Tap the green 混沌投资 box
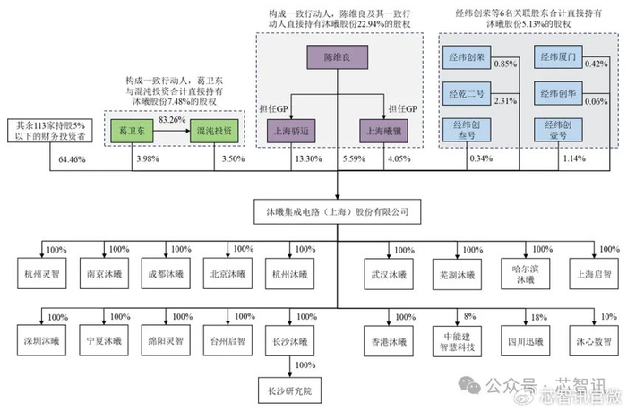coord(212,130)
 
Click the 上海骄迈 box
coord(292,130)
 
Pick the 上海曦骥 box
coord(382,130)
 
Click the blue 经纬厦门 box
coord(556,59)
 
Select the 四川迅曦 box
coord(527,342)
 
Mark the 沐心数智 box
coord(591,342)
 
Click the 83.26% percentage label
coord(173,119)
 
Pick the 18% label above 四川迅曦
coord(537,317)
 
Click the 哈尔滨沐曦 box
coord(527,273)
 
